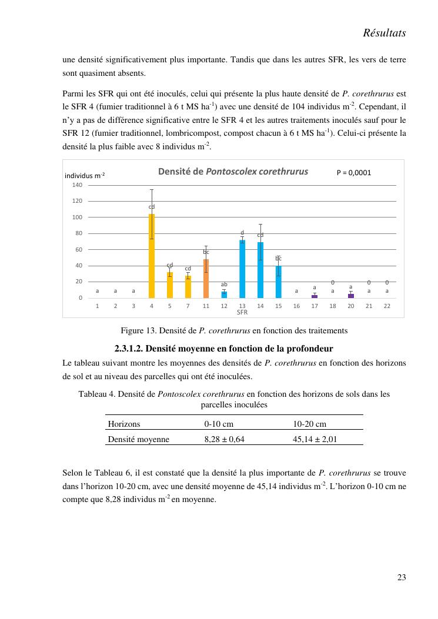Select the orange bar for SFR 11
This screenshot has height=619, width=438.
[206, 279]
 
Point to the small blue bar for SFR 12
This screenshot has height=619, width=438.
[224, 295]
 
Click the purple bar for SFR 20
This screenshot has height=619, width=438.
[351, 296]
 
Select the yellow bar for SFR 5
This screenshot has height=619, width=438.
[170, 285]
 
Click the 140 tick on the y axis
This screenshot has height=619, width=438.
[78, 185]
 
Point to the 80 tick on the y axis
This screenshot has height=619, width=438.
[79, 233]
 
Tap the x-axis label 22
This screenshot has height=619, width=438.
[387, 306]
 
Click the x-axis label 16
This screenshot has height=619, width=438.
[296, 306]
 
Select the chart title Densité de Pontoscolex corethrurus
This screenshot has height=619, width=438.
[233, 172]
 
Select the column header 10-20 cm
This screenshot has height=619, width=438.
[310, 423]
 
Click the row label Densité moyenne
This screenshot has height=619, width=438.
[139, 439]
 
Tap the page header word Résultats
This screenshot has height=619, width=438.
[384, 34]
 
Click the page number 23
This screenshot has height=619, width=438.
[401, 577]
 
